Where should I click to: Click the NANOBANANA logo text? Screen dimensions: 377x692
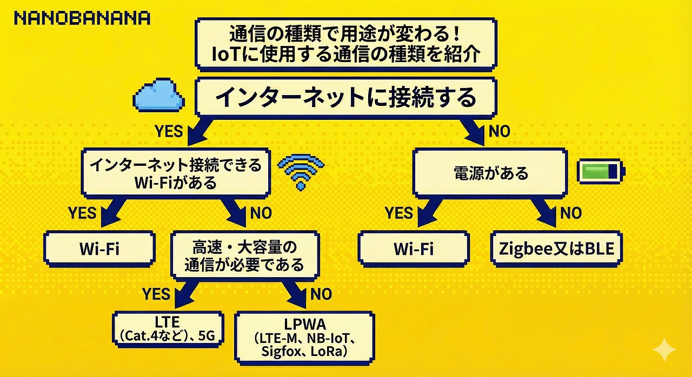(x=82, y=18)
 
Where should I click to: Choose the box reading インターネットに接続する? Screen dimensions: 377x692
(x=345, y=98)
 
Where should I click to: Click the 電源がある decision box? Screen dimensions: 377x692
(x=490, y=173)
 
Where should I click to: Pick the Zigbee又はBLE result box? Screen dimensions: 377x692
(x=557, y=249)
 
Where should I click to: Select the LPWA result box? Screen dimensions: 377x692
(x=304, y=336)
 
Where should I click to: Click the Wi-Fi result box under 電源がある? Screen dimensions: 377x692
(x=413, y=249)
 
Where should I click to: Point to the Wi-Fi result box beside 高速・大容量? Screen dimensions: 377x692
(x=99, y=249)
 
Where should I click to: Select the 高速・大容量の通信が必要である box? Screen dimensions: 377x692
(x=244, y=256)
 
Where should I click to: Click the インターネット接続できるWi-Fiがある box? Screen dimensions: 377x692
(x=175, y=173)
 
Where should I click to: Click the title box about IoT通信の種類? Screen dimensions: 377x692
(x=345, y=44)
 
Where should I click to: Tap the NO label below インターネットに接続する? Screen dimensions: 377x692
(x=499, y=131)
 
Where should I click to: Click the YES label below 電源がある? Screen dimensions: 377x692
(x=400, y=213)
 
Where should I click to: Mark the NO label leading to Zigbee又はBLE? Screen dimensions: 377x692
(x=570, y=213)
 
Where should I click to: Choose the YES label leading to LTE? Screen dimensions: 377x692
(x=156, y=294)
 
